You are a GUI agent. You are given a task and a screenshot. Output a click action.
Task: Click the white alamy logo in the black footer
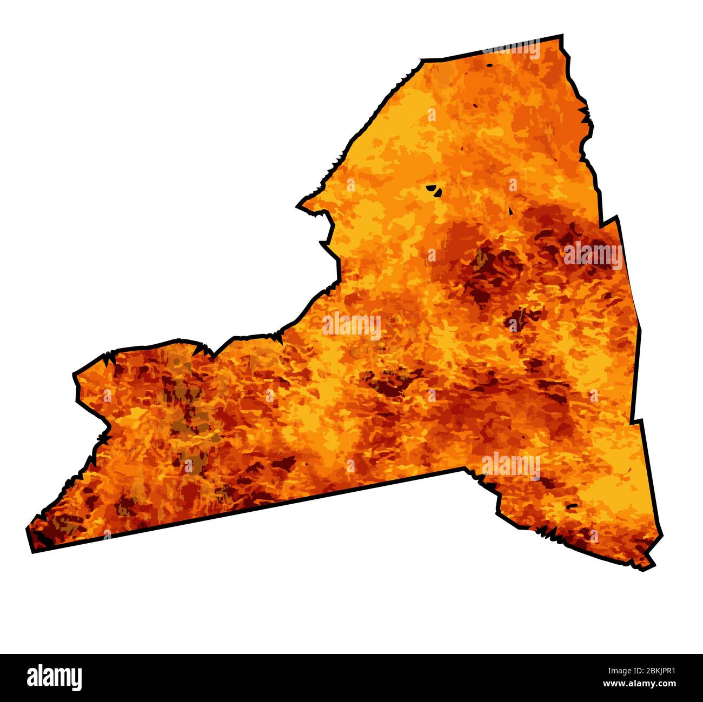[55, 678]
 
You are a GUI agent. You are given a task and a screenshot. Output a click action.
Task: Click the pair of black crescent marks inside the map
[434, 190]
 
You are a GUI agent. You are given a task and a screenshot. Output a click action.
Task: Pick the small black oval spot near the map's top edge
[489, 65]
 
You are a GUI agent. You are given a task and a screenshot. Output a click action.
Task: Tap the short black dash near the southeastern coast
[571, 506]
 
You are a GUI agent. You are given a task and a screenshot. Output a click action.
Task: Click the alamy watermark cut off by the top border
[512, 50]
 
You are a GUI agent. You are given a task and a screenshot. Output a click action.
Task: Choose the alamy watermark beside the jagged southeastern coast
[510, 465]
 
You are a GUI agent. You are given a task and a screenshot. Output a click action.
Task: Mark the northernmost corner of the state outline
[561, 37]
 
